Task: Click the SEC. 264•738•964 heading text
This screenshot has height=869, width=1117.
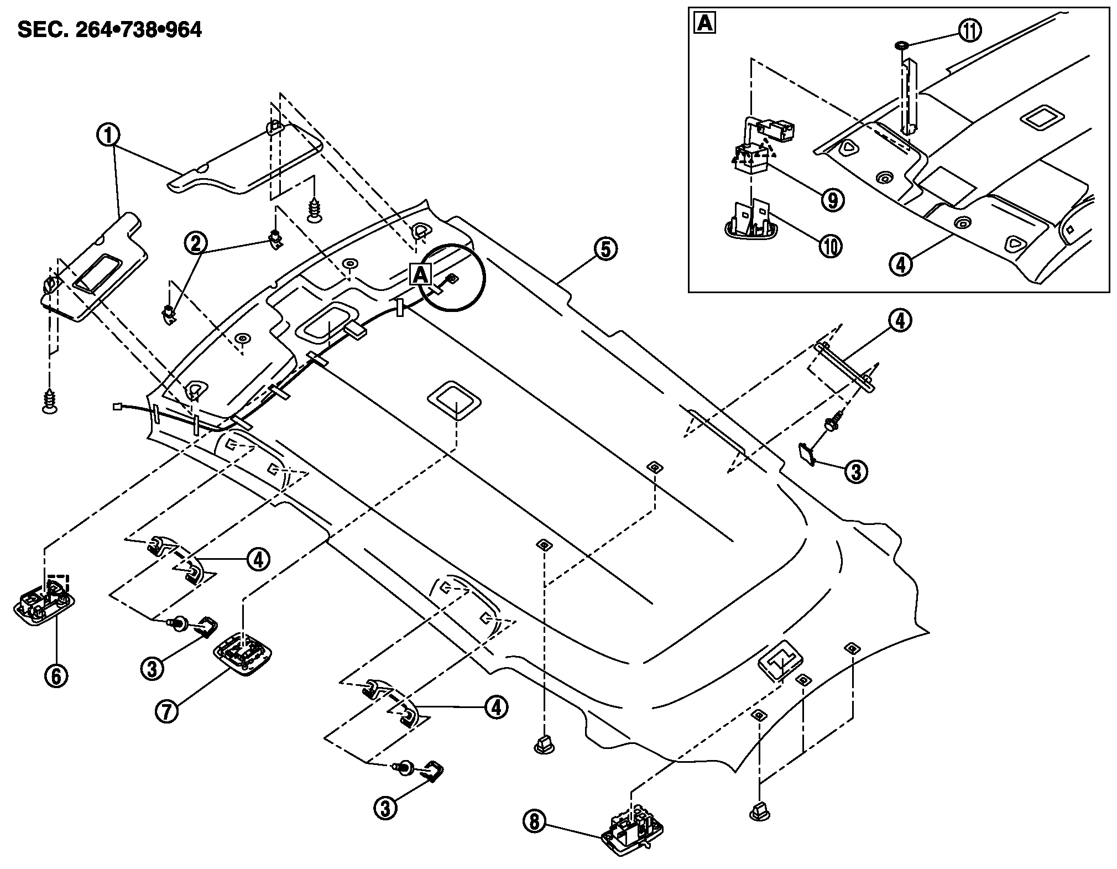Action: point(109,30)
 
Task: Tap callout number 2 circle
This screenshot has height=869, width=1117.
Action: point(197,243)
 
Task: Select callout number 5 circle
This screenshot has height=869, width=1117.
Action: point(605,249)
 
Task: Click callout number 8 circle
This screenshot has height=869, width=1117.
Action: point(534,821)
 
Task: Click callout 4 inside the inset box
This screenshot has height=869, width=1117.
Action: point(901,264)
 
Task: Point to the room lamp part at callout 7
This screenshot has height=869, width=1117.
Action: point(242,653)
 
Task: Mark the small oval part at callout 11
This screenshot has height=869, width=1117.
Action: point(901,44)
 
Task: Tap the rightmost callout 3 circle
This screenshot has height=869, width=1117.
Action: point(856,471)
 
